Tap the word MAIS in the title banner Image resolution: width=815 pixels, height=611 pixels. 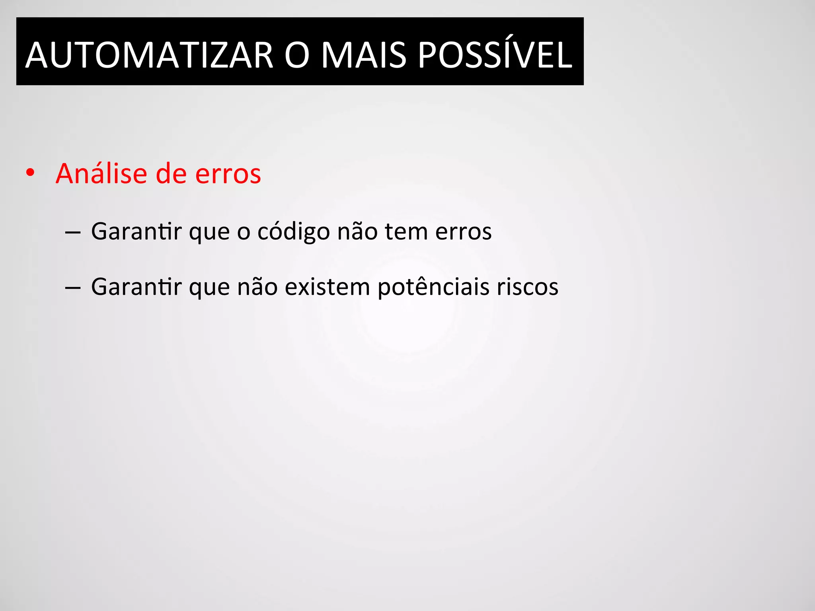[363, 55]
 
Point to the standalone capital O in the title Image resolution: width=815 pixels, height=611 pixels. [297, 55]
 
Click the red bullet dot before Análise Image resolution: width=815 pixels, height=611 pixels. [30, 173]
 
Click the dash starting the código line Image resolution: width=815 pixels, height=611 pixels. [72, 232]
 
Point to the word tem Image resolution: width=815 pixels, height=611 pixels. [406, 232]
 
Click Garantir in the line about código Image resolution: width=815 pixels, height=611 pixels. [136, 231]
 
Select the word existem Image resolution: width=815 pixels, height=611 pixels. [328, 287]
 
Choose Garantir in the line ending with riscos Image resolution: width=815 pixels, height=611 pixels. [136, 287]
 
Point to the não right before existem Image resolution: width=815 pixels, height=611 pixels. [257, 287]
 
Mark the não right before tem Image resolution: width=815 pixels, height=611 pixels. [357, 231]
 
